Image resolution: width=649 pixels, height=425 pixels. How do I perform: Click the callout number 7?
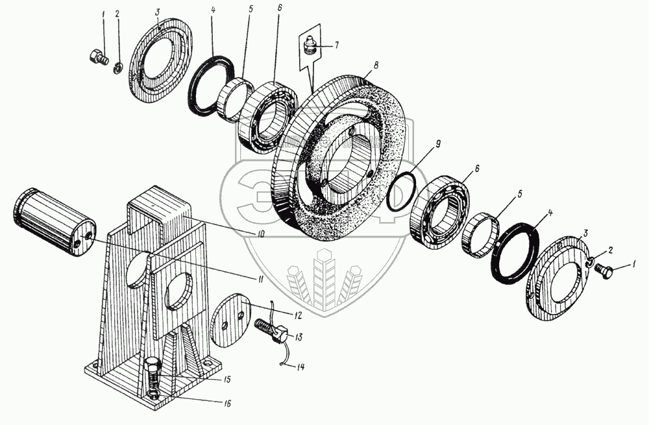pyautogui.click(x=336, y=45)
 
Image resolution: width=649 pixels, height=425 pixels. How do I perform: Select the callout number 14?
pyautogui.click(x=300, y=366)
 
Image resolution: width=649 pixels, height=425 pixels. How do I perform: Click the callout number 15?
pyautogui.click(x=228, y=378)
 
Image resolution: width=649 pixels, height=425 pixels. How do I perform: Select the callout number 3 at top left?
pyautogui.click(x=157, y=12)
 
